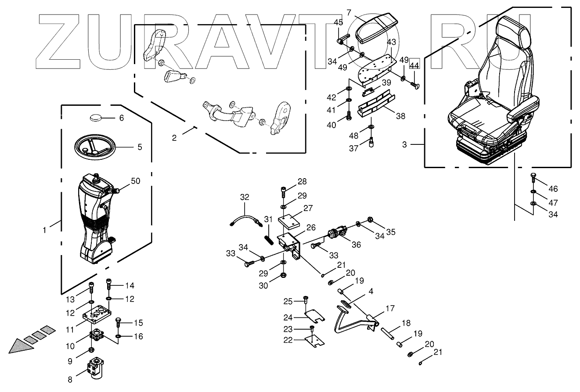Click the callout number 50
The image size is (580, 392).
click(x=136, y=181)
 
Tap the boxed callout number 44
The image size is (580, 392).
click(x=414, y=65)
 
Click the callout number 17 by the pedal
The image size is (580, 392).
click(x=390, y=309)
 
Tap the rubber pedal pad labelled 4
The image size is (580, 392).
click(x=346, y=304)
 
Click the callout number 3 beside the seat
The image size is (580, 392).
click(x=405, y=144)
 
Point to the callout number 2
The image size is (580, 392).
click(x=174, y=138)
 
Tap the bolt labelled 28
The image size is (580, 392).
click(x=283, y=192)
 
